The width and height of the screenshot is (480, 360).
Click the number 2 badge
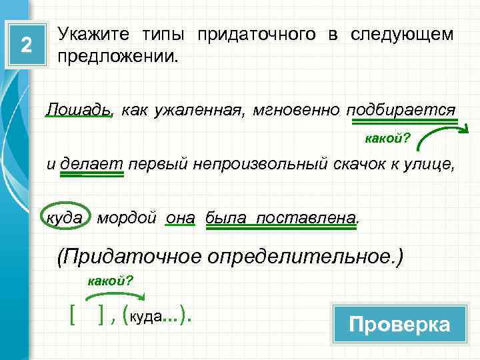(26, 45)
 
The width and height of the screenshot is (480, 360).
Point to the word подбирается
(401, 109)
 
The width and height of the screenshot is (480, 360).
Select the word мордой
(127, 218)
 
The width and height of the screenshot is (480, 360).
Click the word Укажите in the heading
(94, 34)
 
